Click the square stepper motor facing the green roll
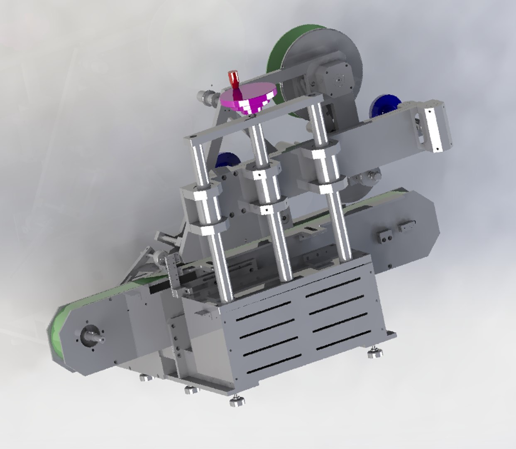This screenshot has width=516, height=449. (339, 79)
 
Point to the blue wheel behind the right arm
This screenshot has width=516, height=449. (384, 106)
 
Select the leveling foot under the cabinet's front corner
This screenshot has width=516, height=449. (237, 401)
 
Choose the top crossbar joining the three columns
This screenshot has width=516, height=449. (253, 118)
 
